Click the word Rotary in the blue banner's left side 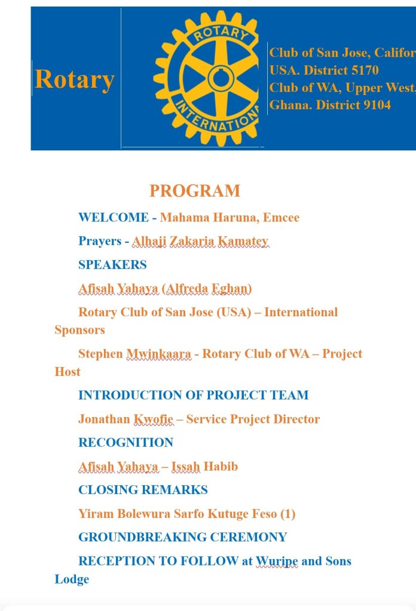click(x=74, y=79)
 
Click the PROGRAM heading click(x=195, y=191)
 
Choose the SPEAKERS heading click(x=112, y=264)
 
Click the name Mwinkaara click(x=158, y=354)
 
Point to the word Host click(x=68, y=372)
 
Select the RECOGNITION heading click(x=126, y=442)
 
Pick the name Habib click(x=221, y=466)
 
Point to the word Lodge click(x=72, y=579)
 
